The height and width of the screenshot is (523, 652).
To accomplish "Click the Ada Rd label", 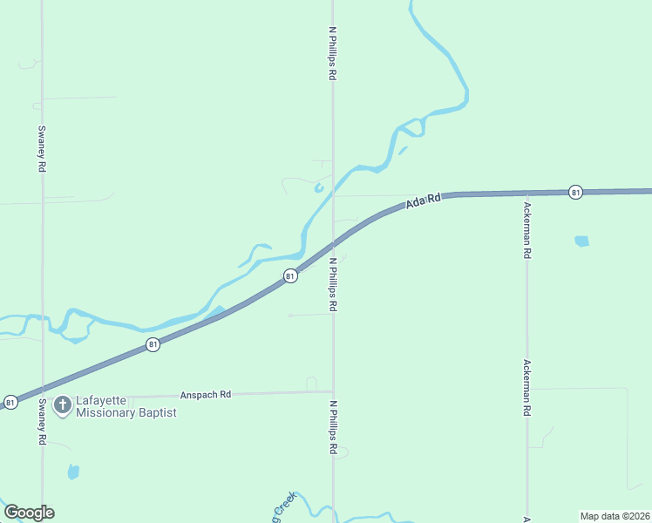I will [x=424, y=201].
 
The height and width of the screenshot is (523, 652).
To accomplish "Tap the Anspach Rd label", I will [x=205, y=394].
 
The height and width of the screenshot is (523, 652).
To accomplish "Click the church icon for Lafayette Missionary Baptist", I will [x=63, y=405].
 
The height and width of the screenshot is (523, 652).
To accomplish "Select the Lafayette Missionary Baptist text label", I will [x=126, y=406].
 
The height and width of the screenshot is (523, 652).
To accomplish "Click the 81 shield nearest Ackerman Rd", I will [x=575, y=192].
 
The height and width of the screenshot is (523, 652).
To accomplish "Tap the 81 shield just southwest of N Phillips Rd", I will [x=290, y=275].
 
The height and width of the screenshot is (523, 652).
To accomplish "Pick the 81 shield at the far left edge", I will [x=10, y=402].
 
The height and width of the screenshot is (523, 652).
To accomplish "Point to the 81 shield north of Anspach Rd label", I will [x=153, y=344].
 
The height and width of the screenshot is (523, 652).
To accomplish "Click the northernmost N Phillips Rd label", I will [x=332, y=53].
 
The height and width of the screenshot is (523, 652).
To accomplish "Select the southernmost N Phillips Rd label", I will [x=332, y=427].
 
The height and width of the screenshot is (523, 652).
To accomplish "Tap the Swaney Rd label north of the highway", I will [x=42, y=148].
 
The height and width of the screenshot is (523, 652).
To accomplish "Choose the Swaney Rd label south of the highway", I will [x=42, y=422].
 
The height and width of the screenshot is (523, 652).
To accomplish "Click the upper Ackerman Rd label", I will [x=527, y=230].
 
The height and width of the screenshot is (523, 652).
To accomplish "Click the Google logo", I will [x=29, y=513].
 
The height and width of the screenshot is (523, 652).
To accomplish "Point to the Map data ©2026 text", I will [x=615, y=516].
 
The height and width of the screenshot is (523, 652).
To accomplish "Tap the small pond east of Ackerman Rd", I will [x=581, y=241].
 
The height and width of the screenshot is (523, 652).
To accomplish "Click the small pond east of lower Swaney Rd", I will [x=73, y=472].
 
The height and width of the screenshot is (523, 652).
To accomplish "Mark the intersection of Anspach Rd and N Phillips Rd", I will [x=332, y=391].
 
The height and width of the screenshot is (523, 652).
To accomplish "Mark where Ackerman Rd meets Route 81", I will [x=526, y=194].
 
